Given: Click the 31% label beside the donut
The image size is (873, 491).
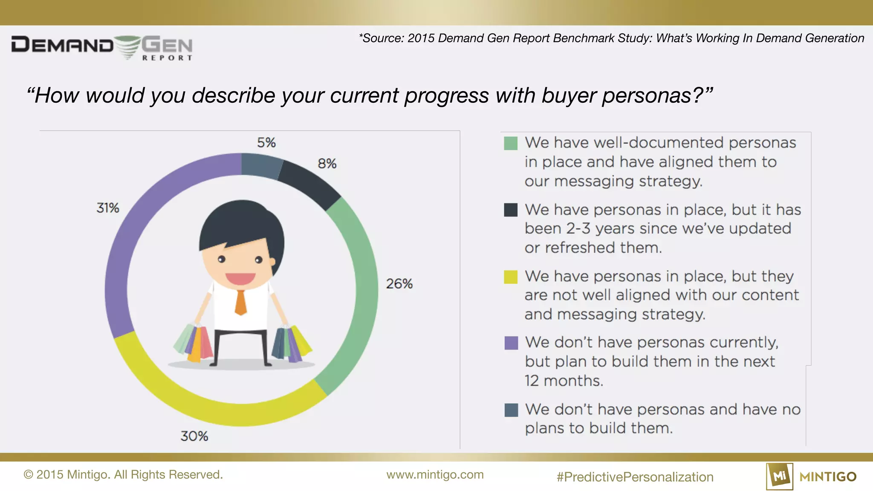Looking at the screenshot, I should pyautogui.click(x=107, y=208).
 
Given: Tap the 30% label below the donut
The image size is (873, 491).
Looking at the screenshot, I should pyautogui.click(x=194, y=436).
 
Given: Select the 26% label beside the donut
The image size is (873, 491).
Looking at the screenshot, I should pyautogui.click(x=399, y=284).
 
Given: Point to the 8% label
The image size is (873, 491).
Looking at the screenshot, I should pyautogui.click(x=327, y=164).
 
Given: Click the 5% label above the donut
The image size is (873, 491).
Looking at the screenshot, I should pyautogui.click(x=266, y=142).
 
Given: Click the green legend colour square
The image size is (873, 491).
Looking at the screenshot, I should pyautogui.click(x=511, y=143).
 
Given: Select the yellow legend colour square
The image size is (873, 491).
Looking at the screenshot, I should pyautogui.click(x=511, y=277).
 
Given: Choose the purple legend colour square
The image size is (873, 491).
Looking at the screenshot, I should pyautogui.click(x=511, y=343).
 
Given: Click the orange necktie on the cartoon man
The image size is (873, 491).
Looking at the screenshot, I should pyautogui.click(x=241, y=302).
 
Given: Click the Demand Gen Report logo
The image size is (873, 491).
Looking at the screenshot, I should pyautogui.click(x=102, y=47).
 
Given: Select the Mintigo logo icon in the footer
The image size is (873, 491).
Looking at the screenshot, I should pyautogui.click(x=779, y=476).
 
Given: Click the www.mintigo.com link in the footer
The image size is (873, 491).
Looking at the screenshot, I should pyautogui.click(x=435, y=475).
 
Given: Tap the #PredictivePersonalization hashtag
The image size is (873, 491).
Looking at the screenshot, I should pyautogui.click(x=635, y=477).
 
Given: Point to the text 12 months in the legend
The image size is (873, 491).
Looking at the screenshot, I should pyautogui.click(x=564, y=381).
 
